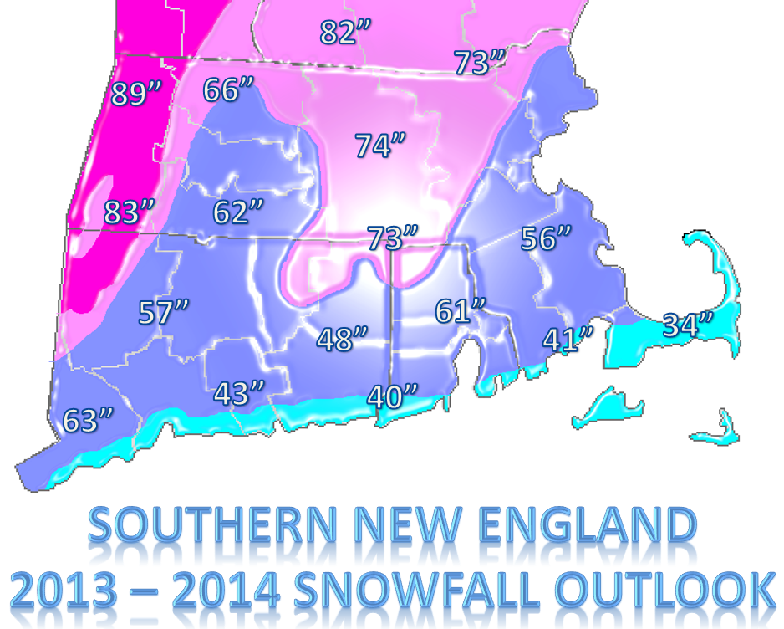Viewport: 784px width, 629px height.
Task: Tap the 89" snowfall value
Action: tap(135, 94)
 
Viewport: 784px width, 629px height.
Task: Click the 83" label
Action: tap(130, 212)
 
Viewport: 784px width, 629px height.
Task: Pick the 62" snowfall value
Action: tap(238, 212)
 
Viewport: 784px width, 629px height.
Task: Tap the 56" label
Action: tap(547, 238)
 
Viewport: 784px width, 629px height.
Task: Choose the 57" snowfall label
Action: tap(163, 314)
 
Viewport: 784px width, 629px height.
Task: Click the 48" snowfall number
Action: tap(342, 340)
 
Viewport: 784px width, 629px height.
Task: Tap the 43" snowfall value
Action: tap(239, 393)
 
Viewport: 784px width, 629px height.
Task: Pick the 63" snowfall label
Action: tap(88, 421)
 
